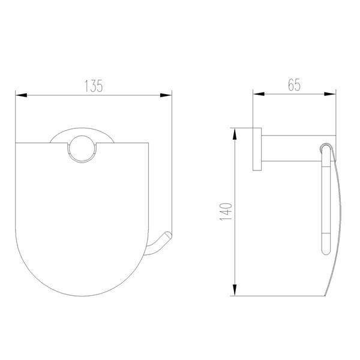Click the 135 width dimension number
pos(93,86)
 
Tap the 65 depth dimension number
pos(294,85)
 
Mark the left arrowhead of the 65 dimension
pos(257,94)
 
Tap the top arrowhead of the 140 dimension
pos(235,131)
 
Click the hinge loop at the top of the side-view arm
pos(325,148)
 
